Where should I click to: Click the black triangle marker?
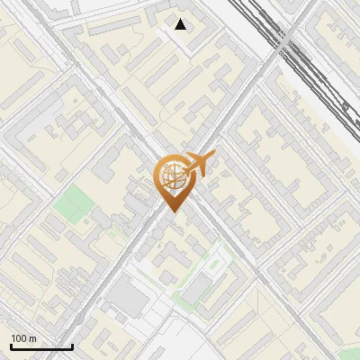click(x=181, y=24)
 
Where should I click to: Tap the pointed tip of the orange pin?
click(x=173, y=212)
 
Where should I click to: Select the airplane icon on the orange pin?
click(x=200, y=163)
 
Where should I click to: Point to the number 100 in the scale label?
click(x=19, y=338)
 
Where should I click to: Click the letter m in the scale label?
click(x=32, y=338)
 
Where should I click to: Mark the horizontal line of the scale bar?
click(x=41, y=346)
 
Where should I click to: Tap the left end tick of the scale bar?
click(x=11, y=345)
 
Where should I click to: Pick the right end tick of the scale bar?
click(x=72, y=345)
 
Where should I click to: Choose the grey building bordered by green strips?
click(x=197, y=287)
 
